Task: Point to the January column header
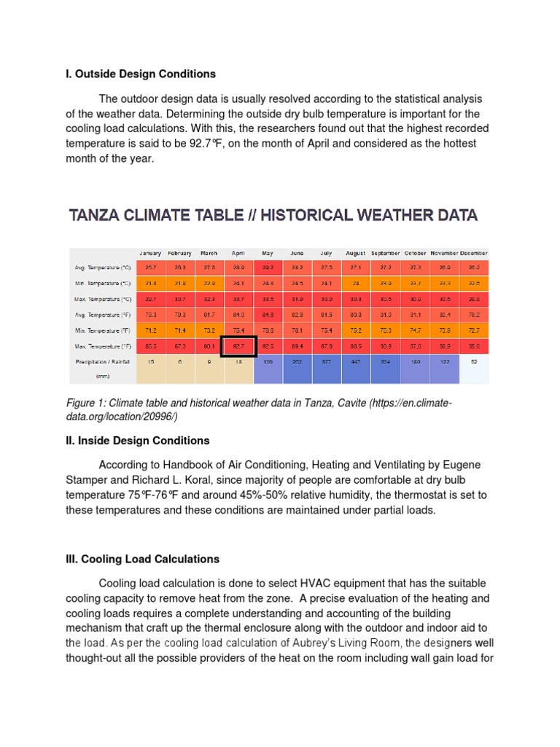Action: pyautogui.click(x=150, y=253)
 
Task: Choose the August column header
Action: pyautogui.click(x=355, y=253)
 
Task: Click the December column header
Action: pyautogui.click(x=473, y=253)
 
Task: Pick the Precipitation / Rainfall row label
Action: pyautogui.click(x=102, y=361)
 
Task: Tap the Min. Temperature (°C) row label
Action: pyautogui.click(x=103, y=283)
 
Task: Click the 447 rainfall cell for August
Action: pyautogui.click(x=355, y=361)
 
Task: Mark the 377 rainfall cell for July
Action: pyautogui.click(x=326, y=361)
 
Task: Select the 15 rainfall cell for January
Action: pyautogui.click(x=150, y=361)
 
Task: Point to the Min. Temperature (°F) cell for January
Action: pyautogui.click(x=150, y=330)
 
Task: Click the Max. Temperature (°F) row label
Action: pyautogui.click(x=103, y=345)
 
